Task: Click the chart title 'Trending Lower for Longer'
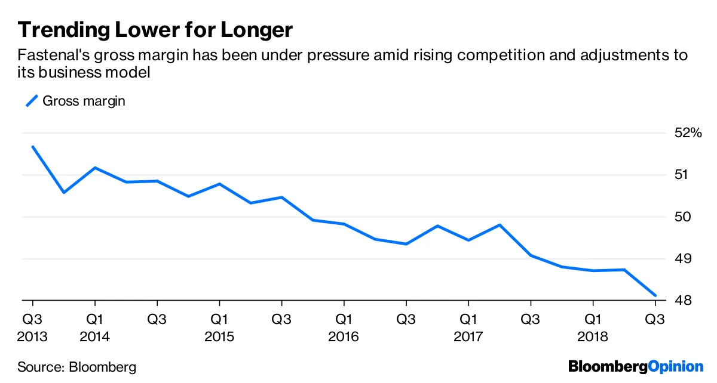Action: pyautogui.click(x=155, y=30)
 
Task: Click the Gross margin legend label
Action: pyautogui.click(x=84, y=101)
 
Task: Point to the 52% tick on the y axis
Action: pyautogui.click(x=688, y=133)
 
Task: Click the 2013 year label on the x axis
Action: pyautogui.click(x=32, y=336)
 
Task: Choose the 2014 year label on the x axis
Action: pyautogui.click(x=94, y=336)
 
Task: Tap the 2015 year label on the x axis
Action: pyautogui.click(x=219, y=336)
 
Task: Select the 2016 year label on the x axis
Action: pyautogui.click(x=343, y=336)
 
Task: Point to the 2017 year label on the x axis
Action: pyautogui.click(x=468, y=336)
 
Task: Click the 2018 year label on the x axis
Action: pyautogui.click(x=592, y=336)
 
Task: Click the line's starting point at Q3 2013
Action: pyautogui.click(x=33, y=147)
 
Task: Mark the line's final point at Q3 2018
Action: pyautogui.click(x=655, y=295)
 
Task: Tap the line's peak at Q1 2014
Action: pyautogui.click(x=95, y=168)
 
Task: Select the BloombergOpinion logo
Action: pyautogui.click(x=636, y=366)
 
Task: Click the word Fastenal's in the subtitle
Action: pyautogui.click(x=49, y=56)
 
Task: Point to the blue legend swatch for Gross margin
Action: pyautogui.click(x=32, y=101)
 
